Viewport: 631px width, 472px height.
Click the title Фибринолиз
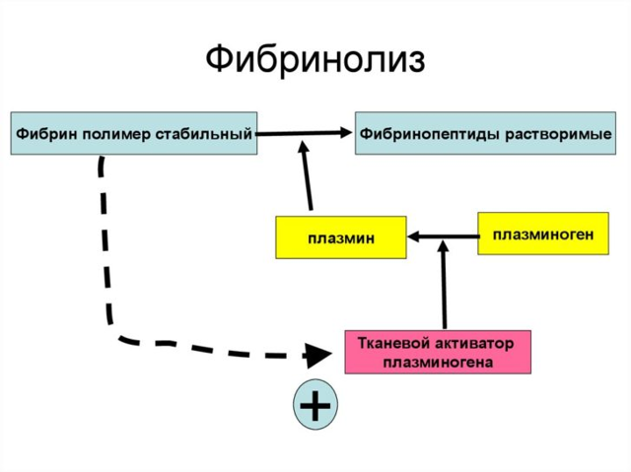coord(315,58)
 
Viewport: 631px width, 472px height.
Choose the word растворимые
coord(558,132)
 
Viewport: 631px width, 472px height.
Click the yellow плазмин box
coord(340,237)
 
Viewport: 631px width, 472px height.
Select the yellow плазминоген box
coord(543,234)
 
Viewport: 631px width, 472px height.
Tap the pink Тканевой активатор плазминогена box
coord(437,352)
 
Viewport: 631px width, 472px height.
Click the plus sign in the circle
coord(315,405)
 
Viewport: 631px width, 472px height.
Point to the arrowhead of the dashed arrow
coord(317,354)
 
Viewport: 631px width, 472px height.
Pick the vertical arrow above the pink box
coord(444,286)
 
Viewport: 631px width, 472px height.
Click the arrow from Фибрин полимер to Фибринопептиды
coord(306,133)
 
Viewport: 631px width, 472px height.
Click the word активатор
coord(472,343)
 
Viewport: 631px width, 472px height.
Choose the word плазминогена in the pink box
coord(437,362)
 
